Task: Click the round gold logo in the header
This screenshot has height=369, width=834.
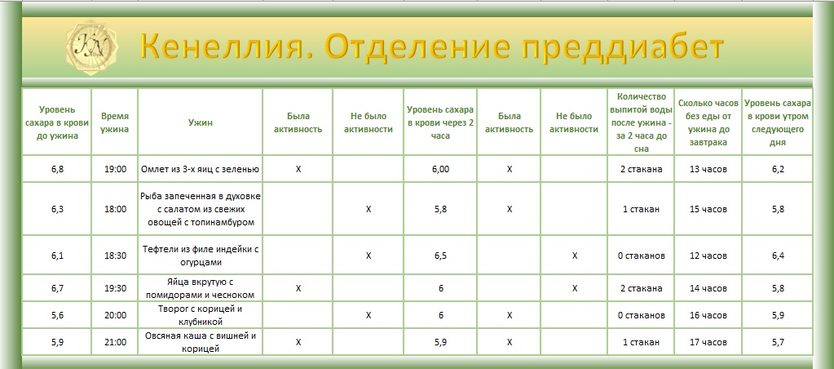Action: coord(92,47)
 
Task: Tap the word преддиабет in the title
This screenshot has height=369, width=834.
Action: coord(623,47)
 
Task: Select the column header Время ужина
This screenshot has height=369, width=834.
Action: coord(115,122)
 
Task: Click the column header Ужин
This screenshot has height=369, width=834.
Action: coord(200,122)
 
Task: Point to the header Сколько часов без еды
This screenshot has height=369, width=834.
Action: coord(708,122)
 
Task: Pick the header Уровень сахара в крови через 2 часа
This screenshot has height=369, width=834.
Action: coord(440,122)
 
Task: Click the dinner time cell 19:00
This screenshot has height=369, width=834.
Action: coord(115,169)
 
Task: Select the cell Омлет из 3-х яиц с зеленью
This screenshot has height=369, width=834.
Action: coord(200,169)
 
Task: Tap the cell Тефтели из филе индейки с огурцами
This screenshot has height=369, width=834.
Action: coord(200,256)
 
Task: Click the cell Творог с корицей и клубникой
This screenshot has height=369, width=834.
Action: coord(200,315)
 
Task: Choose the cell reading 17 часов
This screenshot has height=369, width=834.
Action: coord(708,341)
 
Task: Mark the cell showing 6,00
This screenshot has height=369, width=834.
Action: coord(440,169)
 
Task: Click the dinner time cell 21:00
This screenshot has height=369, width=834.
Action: coord(115,341)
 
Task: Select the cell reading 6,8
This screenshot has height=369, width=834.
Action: coord(57,169)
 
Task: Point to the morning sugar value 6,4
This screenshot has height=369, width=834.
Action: coord(778,256)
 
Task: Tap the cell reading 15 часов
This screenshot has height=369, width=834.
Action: coord(708,209)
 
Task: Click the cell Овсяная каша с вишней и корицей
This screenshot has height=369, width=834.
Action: coord(200,341)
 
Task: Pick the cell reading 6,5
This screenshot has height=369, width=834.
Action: coord(440,256)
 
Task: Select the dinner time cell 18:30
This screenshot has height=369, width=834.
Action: coord(115,256)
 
